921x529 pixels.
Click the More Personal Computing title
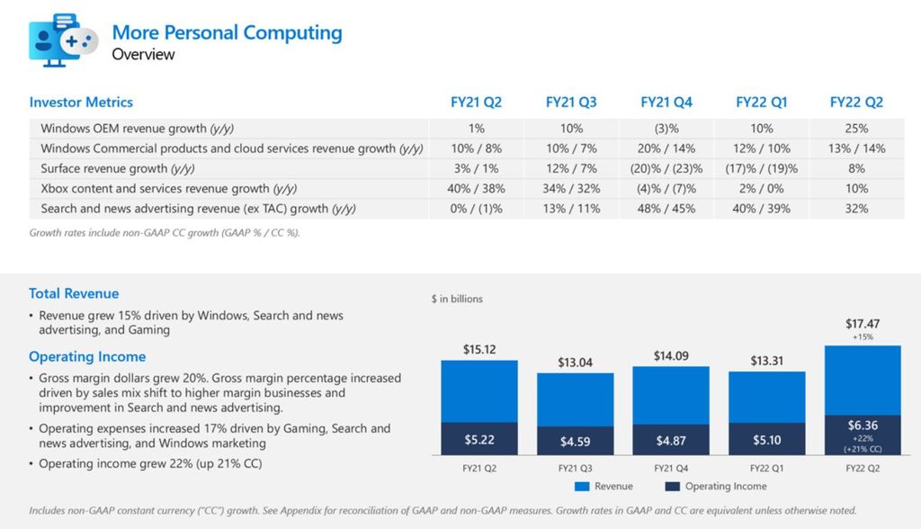[227, 33]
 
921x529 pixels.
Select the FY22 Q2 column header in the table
[855, 102]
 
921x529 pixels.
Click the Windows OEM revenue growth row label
[143, 129]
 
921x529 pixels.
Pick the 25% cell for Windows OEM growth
[856, 129]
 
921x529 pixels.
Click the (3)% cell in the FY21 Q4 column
[666, 129]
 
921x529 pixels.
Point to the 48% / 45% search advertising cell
[666, 209]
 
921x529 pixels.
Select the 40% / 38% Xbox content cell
[477, 189]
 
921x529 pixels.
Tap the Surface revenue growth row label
[118, 168]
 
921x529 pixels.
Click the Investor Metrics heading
[81, 102]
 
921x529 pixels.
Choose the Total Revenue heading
[74, 293]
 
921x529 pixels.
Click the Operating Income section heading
[87, 356]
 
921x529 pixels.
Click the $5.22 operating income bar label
[478, 440]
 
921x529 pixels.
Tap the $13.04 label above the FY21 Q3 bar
[575, 362]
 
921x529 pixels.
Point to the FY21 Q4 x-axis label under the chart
[670, 467]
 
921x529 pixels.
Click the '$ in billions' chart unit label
[457, 299]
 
